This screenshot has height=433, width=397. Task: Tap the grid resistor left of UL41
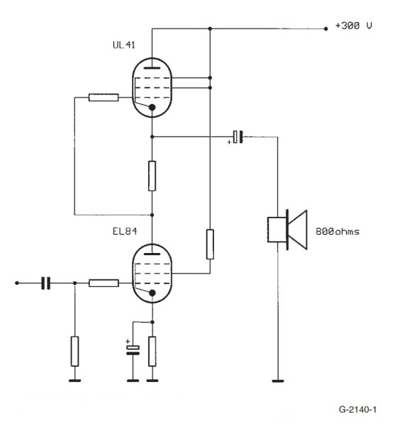click(x=104, y=98)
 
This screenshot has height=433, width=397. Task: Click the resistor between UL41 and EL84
click(x=152, y=176)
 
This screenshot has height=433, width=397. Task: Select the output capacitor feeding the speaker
click(x=239, y=135)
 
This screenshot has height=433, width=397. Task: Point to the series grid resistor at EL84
click(x=104, y=283)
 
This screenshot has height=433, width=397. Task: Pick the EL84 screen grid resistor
click(x=210, y=244)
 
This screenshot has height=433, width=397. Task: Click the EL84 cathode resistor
click(x=152, y=352)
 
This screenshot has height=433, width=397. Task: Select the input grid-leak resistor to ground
click(x=74, y=351)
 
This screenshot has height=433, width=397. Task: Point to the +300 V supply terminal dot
click(x=325, y=28)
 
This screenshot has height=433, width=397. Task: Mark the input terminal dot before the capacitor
click(x=16, y=283)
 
